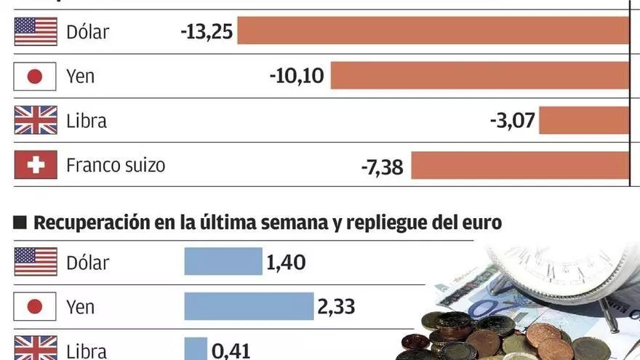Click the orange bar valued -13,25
(433, 31)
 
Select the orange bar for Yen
(480, 76)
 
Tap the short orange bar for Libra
(583, 120)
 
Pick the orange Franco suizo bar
(520, 165)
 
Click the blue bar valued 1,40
(223, 261)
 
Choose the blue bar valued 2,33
(249, 306)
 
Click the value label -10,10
(297, 76)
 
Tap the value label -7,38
(383, 166)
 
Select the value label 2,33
(336, 307)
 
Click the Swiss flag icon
(35, 165)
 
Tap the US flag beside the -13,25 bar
(35, 31)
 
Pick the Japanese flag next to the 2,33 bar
(35, 306)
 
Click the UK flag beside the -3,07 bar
(35, 120)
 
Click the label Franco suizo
(116, 165)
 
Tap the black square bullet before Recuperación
(20, 223)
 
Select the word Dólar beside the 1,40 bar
(87, 262)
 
